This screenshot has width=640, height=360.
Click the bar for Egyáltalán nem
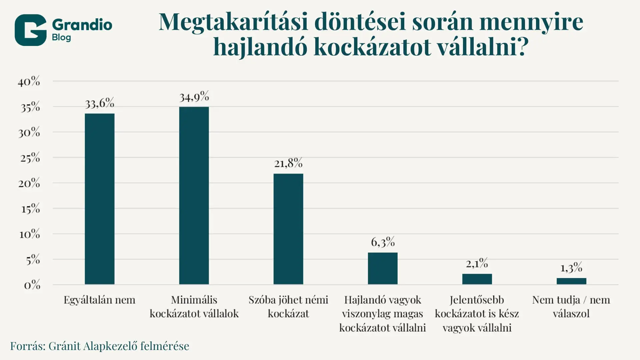[99, 199]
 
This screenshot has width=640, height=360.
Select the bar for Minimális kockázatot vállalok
[194, 195]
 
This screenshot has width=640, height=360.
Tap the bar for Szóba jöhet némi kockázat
[288, 229]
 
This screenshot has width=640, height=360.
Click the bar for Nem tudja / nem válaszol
[571, 281]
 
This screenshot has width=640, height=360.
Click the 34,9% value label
[194, 97]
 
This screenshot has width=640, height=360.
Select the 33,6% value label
[99, 104]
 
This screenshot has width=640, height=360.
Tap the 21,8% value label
[288, 163]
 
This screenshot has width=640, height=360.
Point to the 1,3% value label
[571, 268]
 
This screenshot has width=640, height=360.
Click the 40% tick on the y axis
[29, 81]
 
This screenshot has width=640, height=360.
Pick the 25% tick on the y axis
[30, 158]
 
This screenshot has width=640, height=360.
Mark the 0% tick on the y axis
[32, 285]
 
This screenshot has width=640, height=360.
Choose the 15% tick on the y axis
[30, 209]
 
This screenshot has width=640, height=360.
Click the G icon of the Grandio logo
[30, 30]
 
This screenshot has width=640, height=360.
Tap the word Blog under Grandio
[61, 37]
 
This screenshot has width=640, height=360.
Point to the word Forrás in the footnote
[28, 346]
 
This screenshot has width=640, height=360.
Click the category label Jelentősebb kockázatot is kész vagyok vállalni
[477, 314]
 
